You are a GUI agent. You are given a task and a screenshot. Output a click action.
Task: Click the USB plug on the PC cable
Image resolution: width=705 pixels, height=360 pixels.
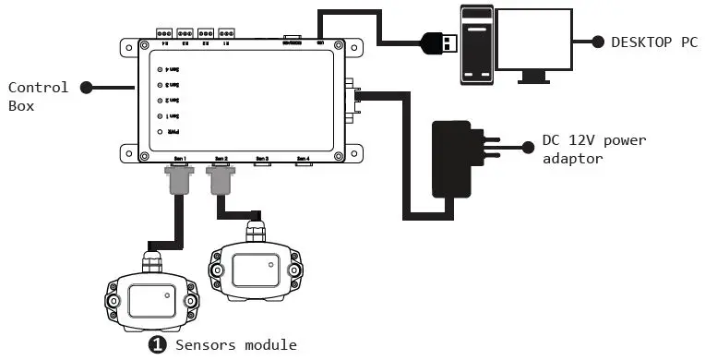coord(440,42)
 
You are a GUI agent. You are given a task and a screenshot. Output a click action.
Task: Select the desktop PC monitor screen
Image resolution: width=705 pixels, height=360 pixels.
coord(533,41)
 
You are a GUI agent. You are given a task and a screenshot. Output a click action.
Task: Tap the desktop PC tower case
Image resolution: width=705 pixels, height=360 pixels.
coord(476,44)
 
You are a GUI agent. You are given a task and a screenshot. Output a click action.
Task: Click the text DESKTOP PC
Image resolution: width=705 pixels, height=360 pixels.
coord(648,42)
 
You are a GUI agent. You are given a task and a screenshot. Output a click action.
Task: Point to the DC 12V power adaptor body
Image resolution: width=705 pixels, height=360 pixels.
coord(457,161)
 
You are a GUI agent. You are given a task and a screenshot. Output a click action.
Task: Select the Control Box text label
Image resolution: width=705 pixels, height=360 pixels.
coord(38,95)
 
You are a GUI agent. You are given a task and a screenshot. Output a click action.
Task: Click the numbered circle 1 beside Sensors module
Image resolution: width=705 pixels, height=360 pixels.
coord(158,344)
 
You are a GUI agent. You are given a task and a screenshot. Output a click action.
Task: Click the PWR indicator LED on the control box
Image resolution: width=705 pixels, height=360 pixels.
coord(161,132)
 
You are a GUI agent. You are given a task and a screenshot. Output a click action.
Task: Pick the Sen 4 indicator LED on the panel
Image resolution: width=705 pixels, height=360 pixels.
coord(161,69)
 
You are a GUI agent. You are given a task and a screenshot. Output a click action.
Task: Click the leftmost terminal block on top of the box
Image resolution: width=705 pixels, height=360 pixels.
coord(166,32)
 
